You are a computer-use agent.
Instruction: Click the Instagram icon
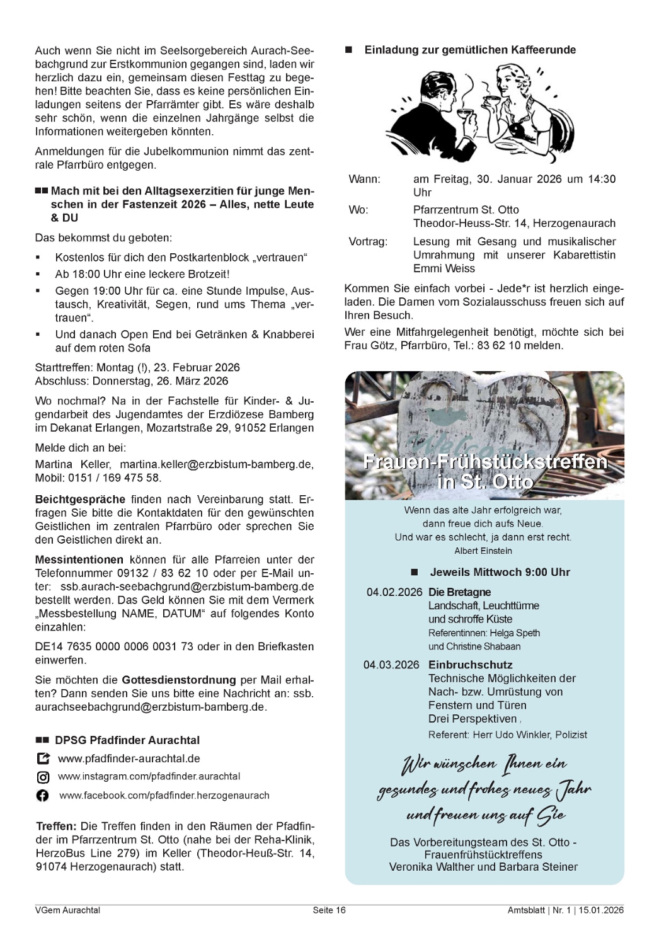point(43,777)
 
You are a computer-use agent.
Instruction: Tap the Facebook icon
point(43,796)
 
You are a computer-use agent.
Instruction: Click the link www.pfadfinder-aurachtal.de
point(129,759)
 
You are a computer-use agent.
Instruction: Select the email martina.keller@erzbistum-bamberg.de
point(216,464)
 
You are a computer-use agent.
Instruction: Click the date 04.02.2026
point(394,592)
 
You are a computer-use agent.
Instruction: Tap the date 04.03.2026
point(391,665)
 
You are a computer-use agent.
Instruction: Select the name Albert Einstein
point(483,551)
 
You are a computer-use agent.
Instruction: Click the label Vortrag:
point(368,241)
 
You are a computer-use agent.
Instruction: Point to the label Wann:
point(364,179)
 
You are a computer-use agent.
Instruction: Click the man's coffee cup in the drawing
point(466,114)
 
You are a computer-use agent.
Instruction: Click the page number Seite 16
point(329,910)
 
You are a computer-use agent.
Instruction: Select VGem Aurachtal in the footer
point(67,910)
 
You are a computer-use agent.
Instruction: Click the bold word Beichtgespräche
point(80,499)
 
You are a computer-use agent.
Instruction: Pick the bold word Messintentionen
point(79,559)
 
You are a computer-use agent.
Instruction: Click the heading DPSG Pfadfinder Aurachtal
point(127,740)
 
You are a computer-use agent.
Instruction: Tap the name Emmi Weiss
point(444,268)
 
